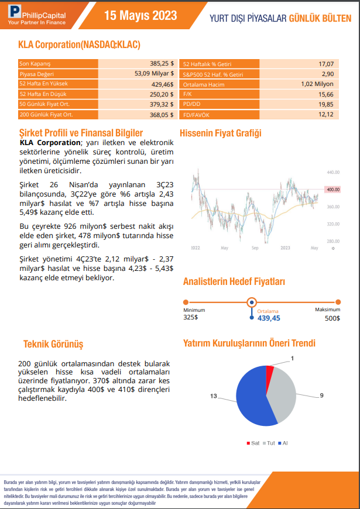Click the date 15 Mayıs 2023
click(x=140, y=16)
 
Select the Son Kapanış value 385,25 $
click(x=163, y=63)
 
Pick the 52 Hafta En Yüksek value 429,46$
click(x=162, y=84)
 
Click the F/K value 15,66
click(x=326, y=94)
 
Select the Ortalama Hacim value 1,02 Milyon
click(x=317, y=84)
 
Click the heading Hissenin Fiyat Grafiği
click(x=220, y=133)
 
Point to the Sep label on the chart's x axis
click(x=255, y=248)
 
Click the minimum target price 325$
click(x=191, y=318)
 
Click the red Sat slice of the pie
click(x=270, y=370)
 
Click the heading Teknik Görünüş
click(x=54, y=343)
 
